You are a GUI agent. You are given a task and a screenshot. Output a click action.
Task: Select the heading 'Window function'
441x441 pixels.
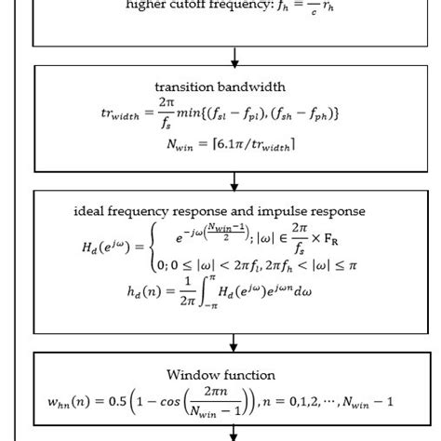point(220,375)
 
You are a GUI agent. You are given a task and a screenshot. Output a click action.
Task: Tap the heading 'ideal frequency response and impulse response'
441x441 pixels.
point(220,210)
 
